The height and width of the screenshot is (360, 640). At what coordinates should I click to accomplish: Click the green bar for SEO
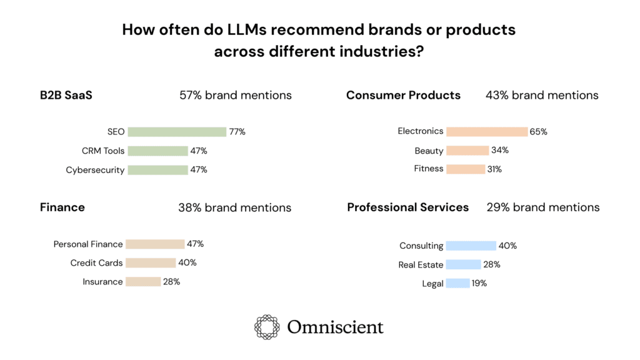point(177,132)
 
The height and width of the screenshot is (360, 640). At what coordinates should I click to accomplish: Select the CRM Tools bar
point(157,151)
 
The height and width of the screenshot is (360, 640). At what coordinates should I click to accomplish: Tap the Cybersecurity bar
point(157,170)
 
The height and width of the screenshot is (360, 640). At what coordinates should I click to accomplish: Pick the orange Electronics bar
point(487,131)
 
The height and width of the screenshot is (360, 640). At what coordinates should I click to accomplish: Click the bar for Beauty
point(467,151)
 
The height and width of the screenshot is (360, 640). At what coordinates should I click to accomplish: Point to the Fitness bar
point(466,169)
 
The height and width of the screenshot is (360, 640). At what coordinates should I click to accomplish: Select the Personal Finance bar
point(155,244)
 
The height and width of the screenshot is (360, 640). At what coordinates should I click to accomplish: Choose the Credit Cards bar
point(151,263)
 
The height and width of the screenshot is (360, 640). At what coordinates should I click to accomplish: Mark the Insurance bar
point(143,282)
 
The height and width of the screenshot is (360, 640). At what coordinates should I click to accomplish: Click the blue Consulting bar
point(471,246)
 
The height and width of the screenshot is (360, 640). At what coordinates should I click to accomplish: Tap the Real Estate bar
point(464,265)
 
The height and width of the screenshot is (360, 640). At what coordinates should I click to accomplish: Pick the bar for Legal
point(458,284)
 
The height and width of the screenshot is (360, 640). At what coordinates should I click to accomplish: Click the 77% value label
point(237,132)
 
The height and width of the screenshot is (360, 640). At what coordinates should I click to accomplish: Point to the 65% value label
point(539,132)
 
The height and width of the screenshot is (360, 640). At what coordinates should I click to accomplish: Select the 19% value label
point(479,284)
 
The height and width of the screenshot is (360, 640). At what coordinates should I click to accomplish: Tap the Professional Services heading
point(407,207)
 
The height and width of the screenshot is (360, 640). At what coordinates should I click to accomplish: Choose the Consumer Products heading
point(403,96)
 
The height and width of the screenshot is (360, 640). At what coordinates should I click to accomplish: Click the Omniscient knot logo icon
point(267,327)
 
